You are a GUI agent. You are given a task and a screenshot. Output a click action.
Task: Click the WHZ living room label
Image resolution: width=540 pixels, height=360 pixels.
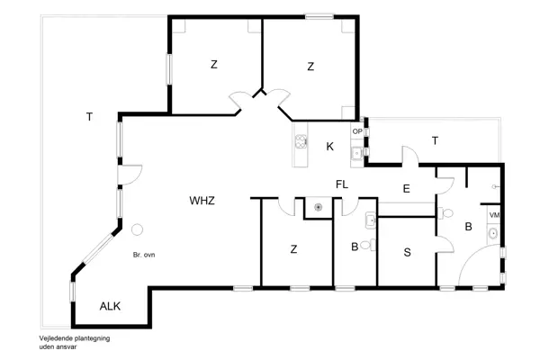click(202, 200)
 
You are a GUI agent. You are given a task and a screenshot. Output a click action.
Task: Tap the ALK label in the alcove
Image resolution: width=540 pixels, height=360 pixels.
click(110, 306)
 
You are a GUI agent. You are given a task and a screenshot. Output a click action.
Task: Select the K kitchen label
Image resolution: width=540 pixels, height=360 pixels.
click(330, 147)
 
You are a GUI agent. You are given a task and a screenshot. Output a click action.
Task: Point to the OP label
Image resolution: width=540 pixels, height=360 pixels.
click(357, 131)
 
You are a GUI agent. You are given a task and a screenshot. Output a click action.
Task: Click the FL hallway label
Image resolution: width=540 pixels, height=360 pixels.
click(342, 184)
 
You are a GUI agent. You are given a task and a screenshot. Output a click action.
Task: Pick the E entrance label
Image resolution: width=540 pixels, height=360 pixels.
click(406, 188)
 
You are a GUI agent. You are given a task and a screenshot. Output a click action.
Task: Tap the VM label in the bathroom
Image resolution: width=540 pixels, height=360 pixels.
click(494, 216)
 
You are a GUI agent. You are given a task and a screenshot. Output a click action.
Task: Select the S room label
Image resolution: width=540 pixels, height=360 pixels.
click(407, 252)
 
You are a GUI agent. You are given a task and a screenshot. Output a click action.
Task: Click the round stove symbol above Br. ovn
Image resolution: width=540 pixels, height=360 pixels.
click(137, 230)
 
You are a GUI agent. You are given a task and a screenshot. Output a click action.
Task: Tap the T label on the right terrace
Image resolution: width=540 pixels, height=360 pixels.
click(435, 140)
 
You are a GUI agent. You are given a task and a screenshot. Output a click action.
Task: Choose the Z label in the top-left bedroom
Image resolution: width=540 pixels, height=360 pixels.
click(214, 65)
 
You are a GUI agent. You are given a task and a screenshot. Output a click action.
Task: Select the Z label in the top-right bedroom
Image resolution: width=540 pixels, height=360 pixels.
click(310, 66)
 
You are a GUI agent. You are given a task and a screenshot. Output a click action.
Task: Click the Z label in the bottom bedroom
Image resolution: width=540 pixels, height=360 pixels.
click(294, 249)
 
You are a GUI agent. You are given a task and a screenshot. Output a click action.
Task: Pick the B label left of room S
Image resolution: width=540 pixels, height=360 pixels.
click(355, 246)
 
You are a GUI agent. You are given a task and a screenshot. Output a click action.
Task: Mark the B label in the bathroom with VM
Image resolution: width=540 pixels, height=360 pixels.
click(467, 228)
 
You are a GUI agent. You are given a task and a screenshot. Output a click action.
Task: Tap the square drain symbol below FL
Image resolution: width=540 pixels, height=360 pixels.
click(318, 206)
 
